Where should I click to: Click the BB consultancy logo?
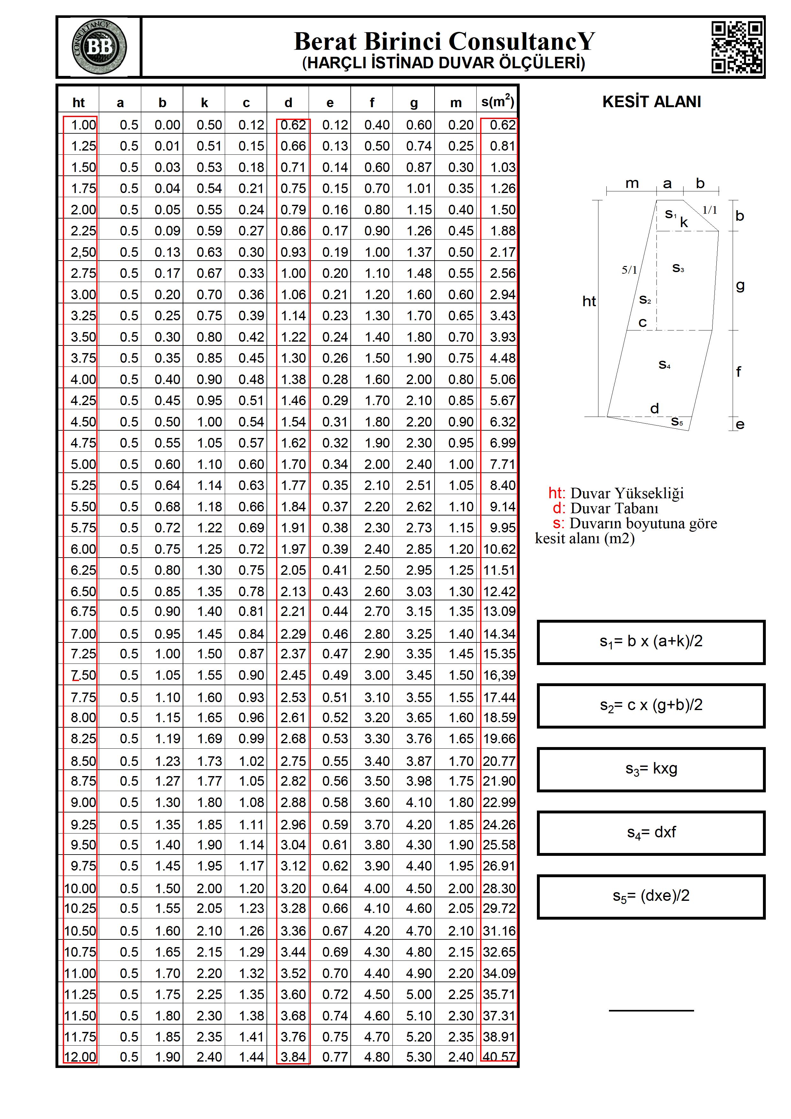tap(99, 47)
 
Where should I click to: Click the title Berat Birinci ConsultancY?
tap(444, 41)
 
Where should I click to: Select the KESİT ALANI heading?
tap(651, 101)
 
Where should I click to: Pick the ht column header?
tap(78, 103)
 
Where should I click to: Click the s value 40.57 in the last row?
tap(499, 1056)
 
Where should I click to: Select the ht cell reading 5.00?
tap(83, 464)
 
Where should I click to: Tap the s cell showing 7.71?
tap(502, 464)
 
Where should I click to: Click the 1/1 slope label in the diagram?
tap(709, 210)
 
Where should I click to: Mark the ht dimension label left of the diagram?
tap(589, 301)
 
